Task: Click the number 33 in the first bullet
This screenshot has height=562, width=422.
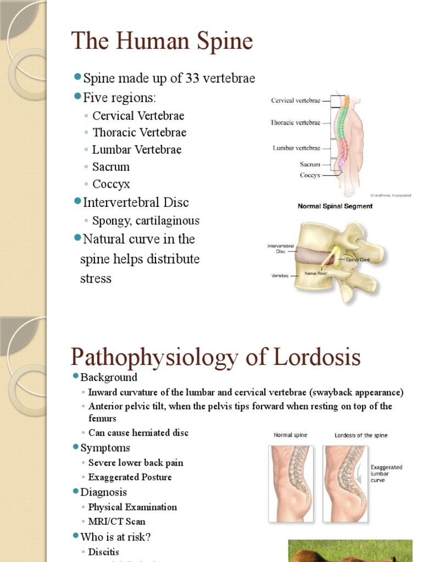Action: tap(192, 78)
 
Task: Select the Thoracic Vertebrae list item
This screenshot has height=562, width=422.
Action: tap(139, 132)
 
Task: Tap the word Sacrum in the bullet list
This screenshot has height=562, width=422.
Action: tap(111, 167)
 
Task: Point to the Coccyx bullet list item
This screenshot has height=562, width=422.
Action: tap(111, 184)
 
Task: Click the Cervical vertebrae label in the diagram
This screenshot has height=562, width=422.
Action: tap(296, 100)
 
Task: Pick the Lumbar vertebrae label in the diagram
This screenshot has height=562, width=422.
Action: tap(296, 148)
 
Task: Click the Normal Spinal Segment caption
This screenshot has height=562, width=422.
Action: tap(335, 206)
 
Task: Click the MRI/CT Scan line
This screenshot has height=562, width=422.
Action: tap(116, 521)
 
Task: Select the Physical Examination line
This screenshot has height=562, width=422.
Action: tap(132, 507)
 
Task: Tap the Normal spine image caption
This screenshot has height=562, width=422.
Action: tap(291, 435)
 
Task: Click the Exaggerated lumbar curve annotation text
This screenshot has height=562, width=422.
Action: tap(386, 474)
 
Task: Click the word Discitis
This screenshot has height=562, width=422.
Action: tap(104, 552)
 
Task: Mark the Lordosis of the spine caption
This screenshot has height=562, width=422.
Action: tap(361, 435)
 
